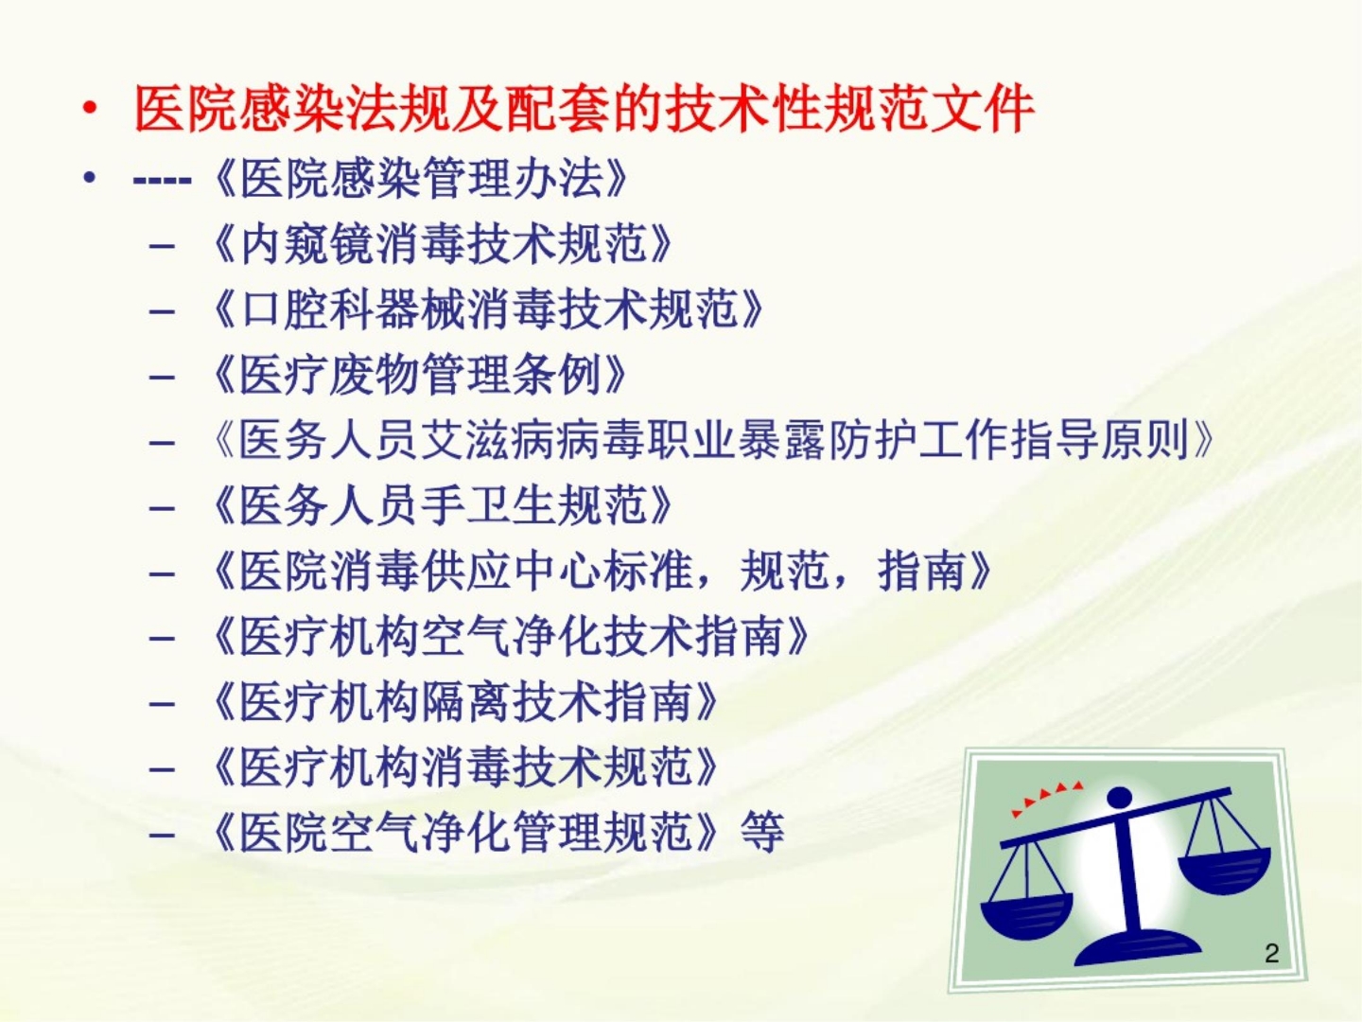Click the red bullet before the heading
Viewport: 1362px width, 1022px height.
click(90, 109)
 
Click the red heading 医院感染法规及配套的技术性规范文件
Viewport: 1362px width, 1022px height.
click(583, 109)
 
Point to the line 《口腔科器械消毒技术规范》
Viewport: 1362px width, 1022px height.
click(487, 309)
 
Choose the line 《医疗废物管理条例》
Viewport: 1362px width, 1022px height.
click(419, 375)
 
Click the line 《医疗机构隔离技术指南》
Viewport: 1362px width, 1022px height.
click(464, 701)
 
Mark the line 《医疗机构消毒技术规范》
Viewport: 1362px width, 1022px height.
click(464, 766)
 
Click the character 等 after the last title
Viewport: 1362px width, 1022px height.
click(762, 832)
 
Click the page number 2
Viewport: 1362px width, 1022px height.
click(1271, 953)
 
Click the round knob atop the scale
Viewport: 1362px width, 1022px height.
click(1120, 798)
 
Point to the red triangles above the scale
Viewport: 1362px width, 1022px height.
click(1045, 797)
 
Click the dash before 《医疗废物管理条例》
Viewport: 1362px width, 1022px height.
click(162, 377)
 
